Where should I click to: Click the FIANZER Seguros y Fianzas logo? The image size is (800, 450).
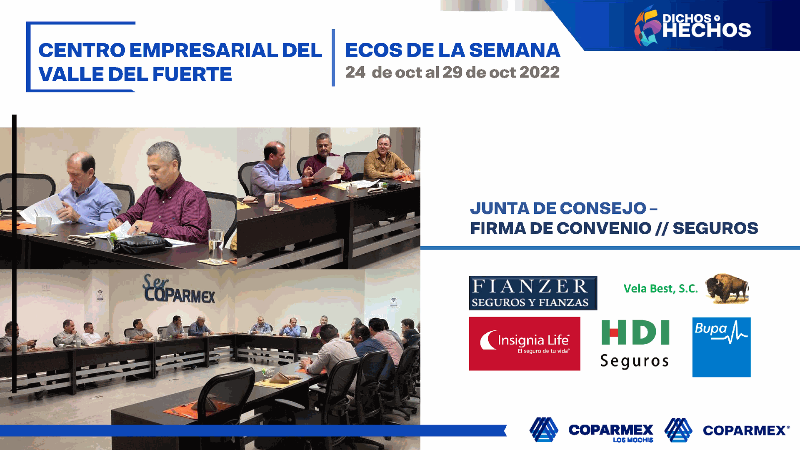pos(533,293)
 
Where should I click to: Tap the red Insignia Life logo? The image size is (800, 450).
pos(525,344)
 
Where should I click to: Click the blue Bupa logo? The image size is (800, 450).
pos(721,347)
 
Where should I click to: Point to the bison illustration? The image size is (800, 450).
pos(727,288)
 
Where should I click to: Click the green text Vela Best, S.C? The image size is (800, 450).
pos(660,288)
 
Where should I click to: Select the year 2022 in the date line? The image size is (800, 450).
pos(540,72)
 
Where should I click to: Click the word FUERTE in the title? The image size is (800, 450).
pos(192,74)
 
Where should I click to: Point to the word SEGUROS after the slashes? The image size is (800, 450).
pos(715,228)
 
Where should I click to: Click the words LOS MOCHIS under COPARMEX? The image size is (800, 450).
pos(633,440)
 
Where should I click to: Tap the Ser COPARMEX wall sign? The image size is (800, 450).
pos(179,289)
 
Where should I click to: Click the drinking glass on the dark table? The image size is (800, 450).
pos(216,246)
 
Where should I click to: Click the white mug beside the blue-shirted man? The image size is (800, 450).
pos(43,225)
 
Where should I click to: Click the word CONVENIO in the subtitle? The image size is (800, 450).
pos(604,228)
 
